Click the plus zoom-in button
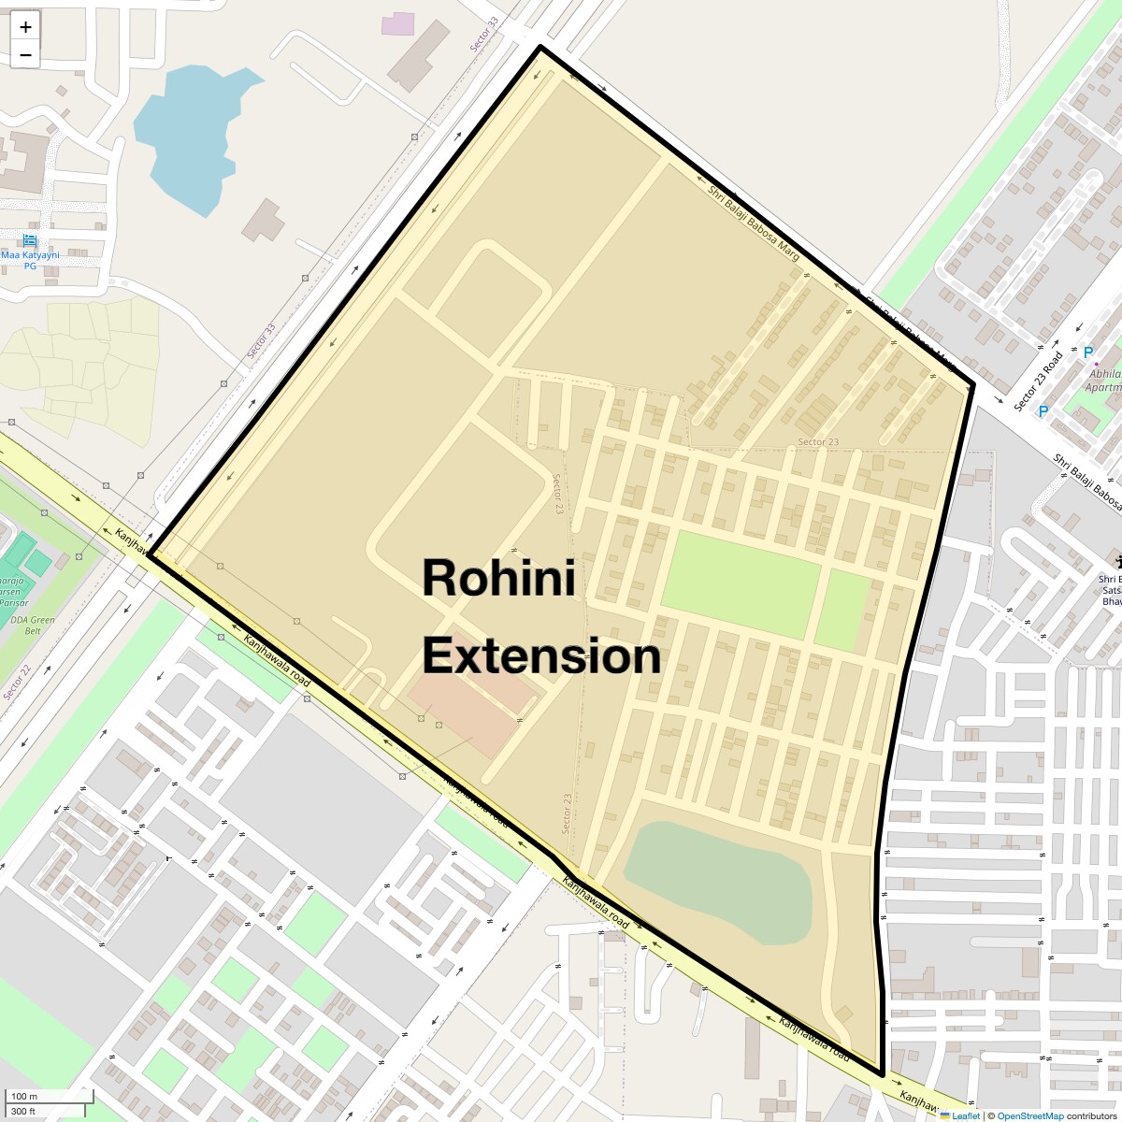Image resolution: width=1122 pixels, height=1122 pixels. (x=25, y=27)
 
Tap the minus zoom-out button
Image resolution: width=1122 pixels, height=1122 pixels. (x=25, y=55)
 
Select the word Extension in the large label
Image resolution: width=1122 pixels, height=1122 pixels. (x=541, y=656)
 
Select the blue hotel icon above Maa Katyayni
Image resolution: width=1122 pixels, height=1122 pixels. (x=29, y=240)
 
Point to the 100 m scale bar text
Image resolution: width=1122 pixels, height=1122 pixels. (x=24, y=1096)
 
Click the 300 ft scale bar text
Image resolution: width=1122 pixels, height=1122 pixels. (x=23, y=1111)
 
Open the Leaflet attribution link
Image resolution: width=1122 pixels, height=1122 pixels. (x=965, y=1115)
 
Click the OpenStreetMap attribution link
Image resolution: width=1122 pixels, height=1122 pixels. (x=1029, y=1115)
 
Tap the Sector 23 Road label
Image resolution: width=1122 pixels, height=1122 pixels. (x=1039, y=381)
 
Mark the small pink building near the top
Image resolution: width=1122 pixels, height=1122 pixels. (x=397, y=24)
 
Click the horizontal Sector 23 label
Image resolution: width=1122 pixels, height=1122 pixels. (x=818, y=442)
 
